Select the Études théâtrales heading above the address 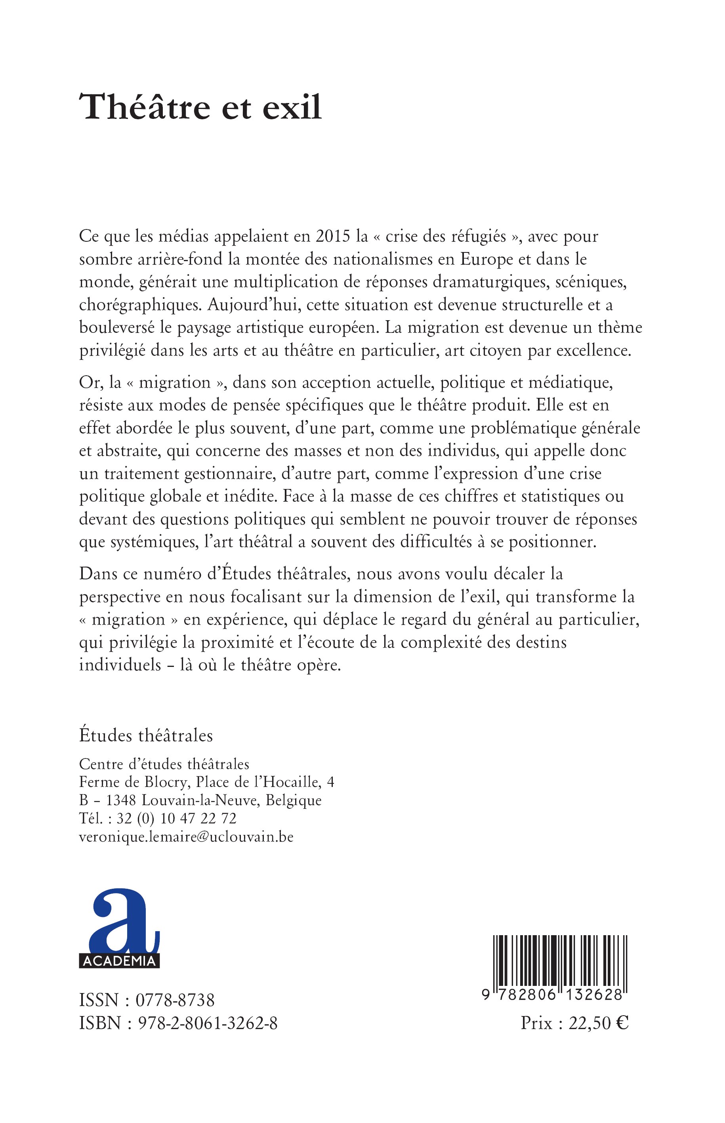tap(146, 735)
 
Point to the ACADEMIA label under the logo tap(119, 961)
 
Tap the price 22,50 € tap(598, 1023)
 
